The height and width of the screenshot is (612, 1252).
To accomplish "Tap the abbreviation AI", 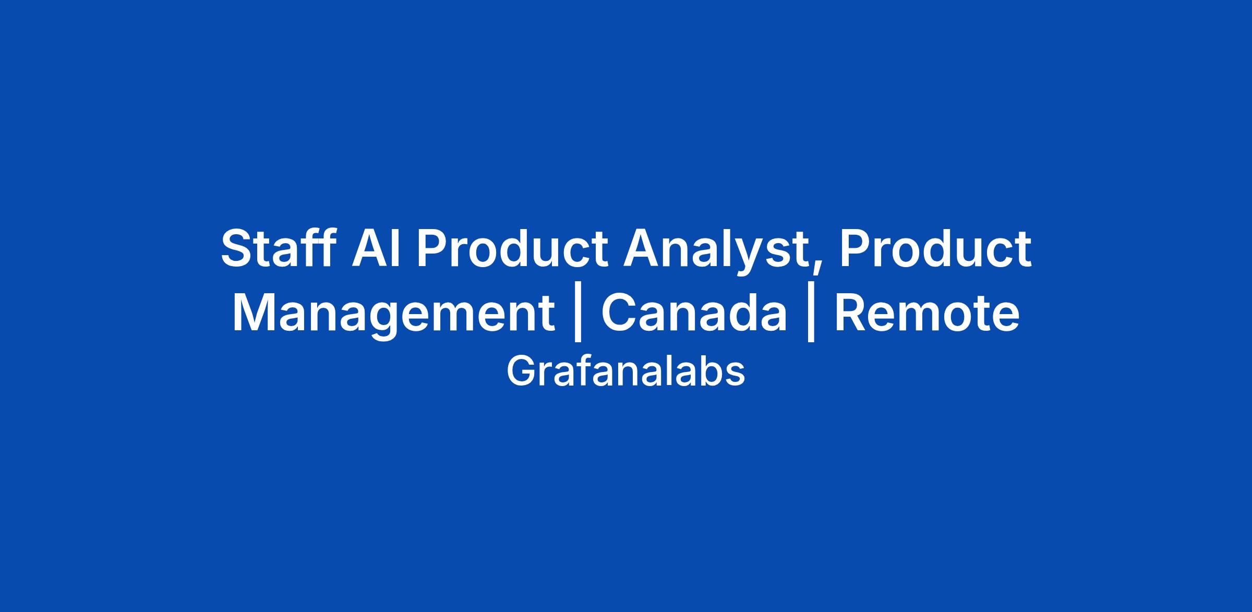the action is pos(376,248).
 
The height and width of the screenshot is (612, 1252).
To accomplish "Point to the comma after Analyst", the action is pos(815,267).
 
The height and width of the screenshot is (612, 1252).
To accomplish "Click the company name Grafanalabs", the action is pos(625,371).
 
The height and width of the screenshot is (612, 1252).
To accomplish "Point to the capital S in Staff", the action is pos(237,248).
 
